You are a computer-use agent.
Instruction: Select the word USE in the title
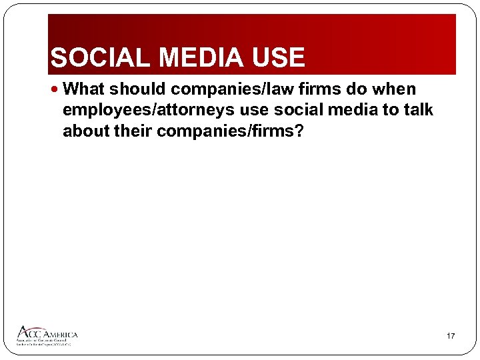(x=278, y=58)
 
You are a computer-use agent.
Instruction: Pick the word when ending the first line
(x=397, y=89)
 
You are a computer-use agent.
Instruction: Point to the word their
(x=133, y=131)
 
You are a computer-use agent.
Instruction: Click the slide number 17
(x=451, y=336)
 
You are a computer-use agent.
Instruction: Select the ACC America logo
(x=47, y=335)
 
